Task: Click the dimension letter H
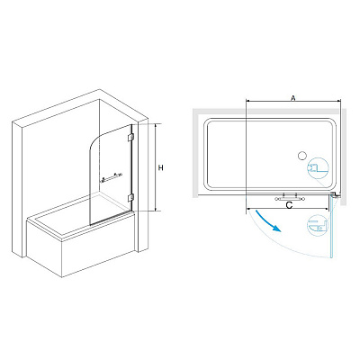[x=161, y=168]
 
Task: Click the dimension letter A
[x=293, y=98]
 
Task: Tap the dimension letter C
[x=289, y=205]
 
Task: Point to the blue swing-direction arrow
[x=268, y=221]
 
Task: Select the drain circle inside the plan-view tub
[x=301, y=156]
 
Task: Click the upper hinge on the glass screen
[x=130, y=137]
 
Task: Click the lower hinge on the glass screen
[x=130, y=197]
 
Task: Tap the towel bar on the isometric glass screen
[x=112, y=177]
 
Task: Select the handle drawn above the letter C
[x=289, y=198]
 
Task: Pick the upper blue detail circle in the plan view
[x=318, y=168]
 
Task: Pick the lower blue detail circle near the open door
[x=318, y=225]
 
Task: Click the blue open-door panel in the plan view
[x=330, y=227]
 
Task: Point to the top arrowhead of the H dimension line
[x=156, y=125]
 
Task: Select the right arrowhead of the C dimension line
[x=327, y=208]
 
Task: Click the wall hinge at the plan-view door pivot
[x=336, y=195]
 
